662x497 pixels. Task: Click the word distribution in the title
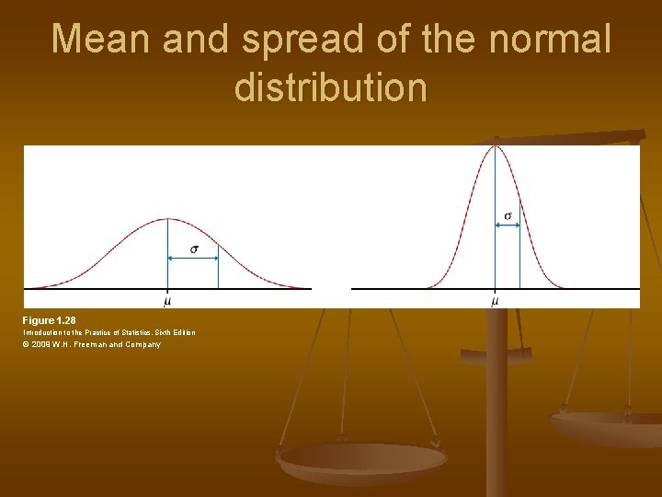(x=331, y=87)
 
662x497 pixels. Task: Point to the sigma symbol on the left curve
(x=193, y=249)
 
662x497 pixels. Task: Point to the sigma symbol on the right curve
(x=508, y=216)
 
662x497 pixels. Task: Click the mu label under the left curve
(x=167, y=300)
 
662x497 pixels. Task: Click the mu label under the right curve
(x=496, y=300)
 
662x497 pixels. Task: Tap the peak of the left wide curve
(x=167, y=219)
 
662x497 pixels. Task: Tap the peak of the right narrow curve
(x=496, y=145)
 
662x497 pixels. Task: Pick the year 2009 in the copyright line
(x=40, y=345)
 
